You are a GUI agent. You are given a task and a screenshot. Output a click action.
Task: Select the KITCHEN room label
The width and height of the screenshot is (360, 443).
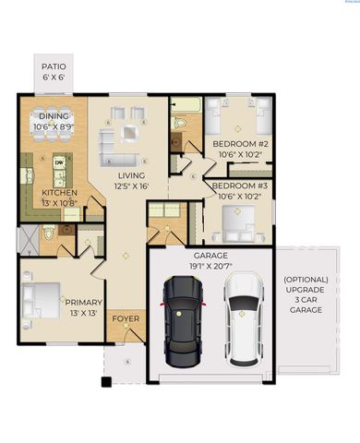[35, 192]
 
